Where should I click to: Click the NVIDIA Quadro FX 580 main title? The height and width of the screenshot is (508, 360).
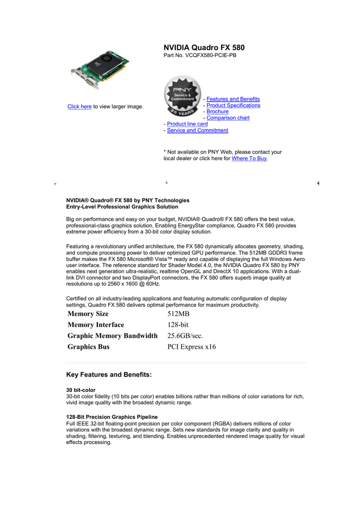(204, 48)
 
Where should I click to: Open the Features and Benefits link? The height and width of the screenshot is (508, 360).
(233, 99)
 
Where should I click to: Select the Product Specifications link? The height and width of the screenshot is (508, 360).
(233, 106)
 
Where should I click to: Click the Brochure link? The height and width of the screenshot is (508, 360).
(217, 112)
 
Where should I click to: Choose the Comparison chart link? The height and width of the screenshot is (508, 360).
(228, 118)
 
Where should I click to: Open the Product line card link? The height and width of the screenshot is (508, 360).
(187, 124)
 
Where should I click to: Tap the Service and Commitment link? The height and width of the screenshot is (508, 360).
(198, 130)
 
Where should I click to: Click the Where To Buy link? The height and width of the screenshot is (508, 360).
(249, 159)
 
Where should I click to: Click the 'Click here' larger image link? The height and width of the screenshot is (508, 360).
(79, 107)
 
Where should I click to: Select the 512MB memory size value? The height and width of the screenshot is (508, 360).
(179, 314)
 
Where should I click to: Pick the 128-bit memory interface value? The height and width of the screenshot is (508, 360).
(178, 325)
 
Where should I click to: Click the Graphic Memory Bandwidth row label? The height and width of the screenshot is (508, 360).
(112, 336)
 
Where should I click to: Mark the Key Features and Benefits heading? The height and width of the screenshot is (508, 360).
(109, 375)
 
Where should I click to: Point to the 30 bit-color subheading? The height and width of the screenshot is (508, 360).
(81, 390)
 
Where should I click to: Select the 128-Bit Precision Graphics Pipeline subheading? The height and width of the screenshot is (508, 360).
(112, 417)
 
